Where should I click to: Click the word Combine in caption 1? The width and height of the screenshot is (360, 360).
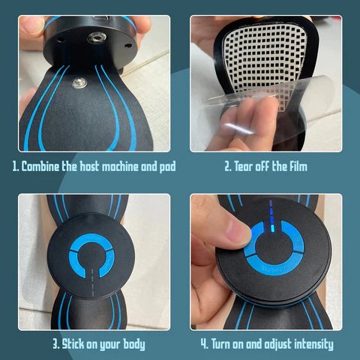(43, 166)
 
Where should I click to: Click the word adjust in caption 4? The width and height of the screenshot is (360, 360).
(276, 344)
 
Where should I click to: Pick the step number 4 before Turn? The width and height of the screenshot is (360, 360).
(204, 344)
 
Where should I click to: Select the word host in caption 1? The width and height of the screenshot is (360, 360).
(90, 166)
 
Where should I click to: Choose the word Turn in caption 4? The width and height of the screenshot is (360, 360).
(226, 344)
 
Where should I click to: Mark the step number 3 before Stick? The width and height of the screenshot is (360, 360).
(55, 344)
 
